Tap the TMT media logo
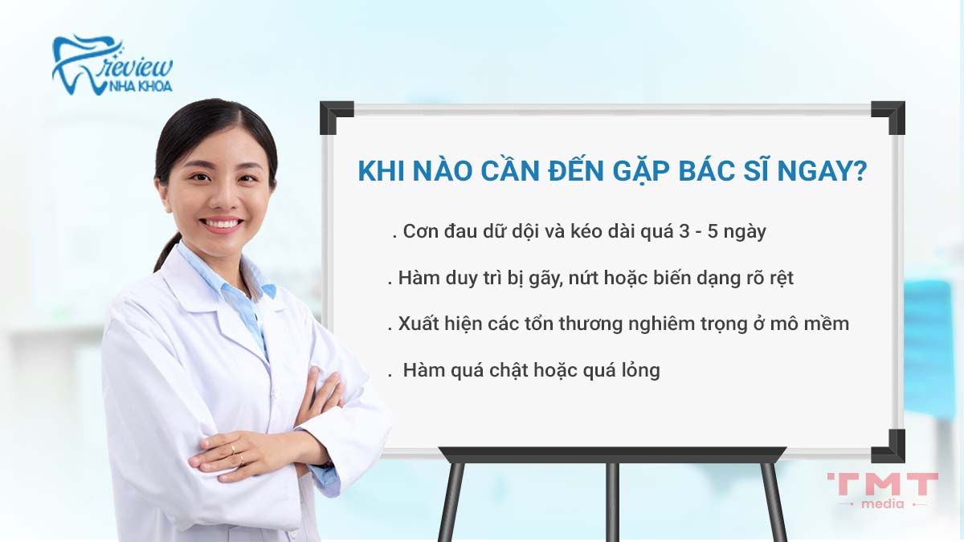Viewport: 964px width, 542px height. point(882,489)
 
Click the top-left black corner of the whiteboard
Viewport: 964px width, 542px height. point(335,116)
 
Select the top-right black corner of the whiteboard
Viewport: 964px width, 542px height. point(888,116)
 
